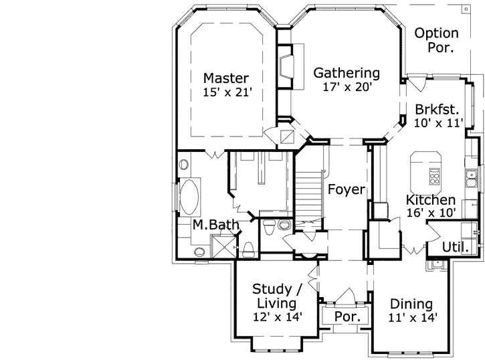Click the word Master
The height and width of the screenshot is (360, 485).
point(226,78)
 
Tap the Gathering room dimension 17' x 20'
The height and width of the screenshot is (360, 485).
point(347,86)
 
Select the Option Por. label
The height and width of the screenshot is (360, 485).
point(436,40)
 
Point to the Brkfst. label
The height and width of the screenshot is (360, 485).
point(437,109)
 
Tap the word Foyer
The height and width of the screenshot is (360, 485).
point(346,190)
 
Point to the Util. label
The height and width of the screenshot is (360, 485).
point(454,246)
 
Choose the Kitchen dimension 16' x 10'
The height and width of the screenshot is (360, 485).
point(431,213)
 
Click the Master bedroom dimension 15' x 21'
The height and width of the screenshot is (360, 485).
point(227,92)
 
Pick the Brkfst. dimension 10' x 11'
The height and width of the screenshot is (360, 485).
point(438,122)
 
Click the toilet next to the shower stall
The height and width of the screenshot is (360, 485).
point(248,249)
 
